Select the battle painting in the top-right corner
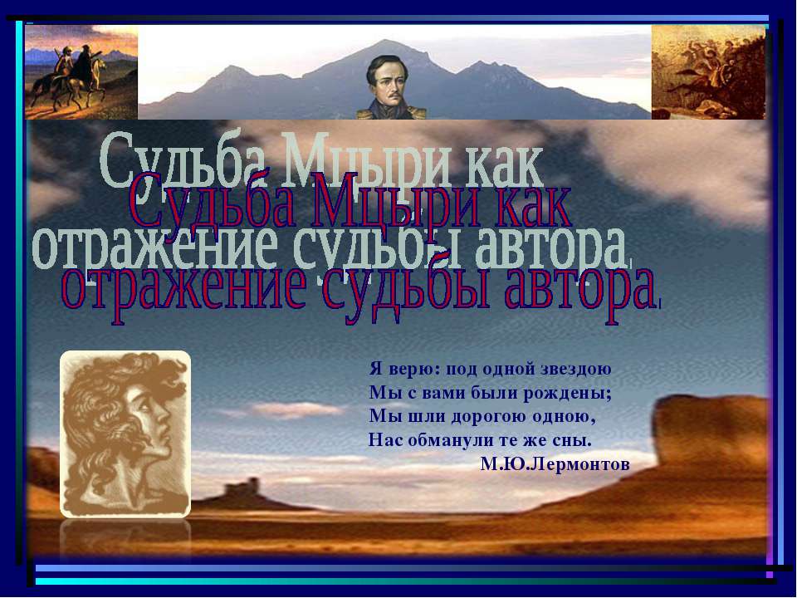coord(707,72)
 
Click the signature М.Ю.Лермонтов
coord(555,463)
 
